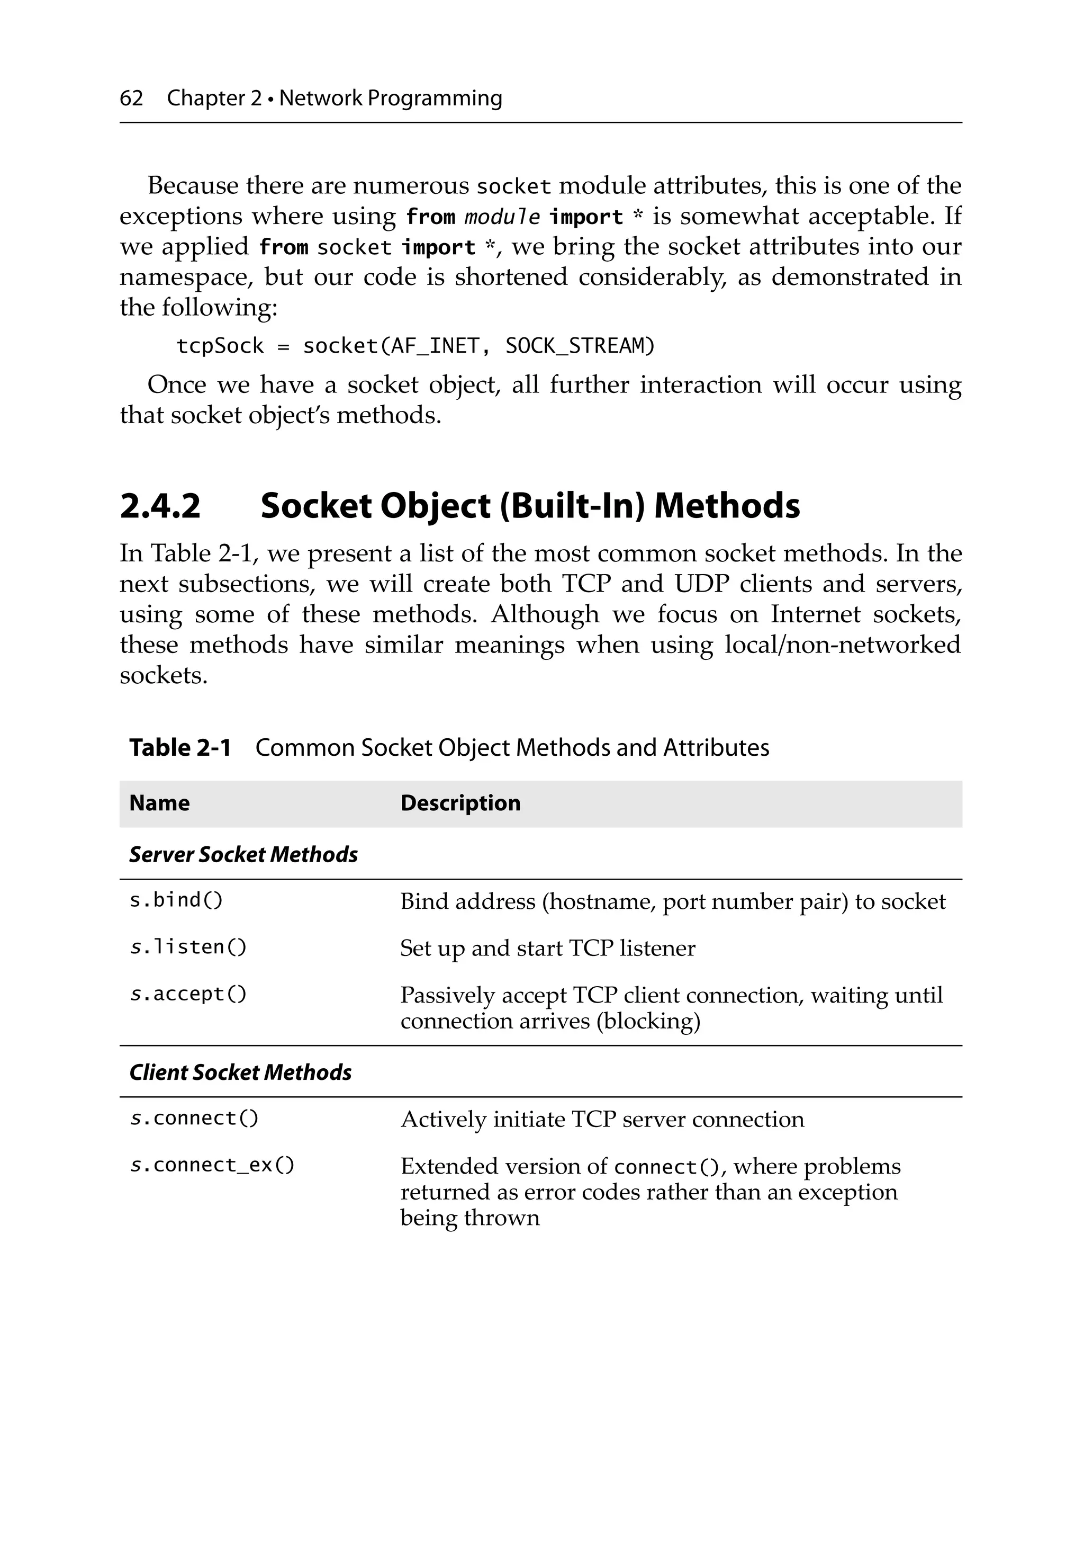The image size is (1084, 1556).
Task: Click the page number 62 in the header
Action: click(131, 99)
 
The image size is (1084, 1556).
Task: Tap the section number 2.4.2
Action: click(160, 506)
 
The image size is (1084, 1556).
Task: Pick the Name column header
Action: click(159, 803)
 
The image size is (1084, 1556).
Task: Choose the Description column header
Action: click(460, 803)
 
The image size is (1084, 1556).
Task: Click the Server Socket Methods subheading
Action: click(243, 855)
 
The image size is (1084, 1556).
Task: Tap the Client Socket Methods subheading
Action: click(240, 1072)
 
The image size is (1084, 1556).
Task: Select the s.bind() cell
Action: click(176, 901)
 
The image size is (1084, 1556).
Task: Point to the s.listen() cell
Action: click(188, 947)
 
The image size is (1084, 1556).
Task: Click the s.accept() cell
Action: click(188, 994)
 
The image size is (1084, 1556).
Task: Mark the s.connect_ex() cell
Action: click(212, 1165)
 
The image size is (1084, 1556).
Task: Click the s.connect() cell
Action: click(194, 1118)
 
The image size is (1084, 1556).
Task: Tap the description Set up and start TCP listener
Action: click(547, 948)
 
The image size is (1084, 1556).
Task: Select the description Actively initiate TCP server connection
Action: click(602, 1120)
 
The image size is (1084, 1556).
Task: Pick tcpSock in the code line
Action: click(220, 346)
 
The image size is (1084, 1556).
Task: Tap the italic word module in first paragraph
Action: click(502, 217)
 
